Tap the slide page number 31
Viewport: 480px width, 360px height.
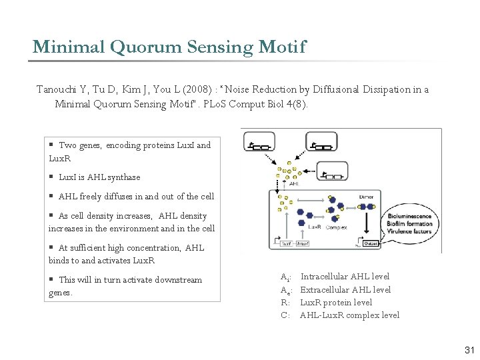click(x=469, y=350)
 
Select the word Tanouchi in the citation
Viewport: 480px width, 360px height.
click(x=58, y=89)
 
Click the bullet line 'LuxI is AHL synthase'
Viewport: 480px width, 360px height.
click(x=99, y=177)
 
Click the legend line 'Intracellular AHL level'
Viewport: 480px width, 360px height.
click(x=345, y=277)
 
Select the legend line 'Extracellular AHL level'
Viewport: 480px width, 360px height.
click(x=345, y=289)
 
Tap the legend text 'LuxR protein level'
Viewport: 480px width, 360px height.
click(x=336, y=303)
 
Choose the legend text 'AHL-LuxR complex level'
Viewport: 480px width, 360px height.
click(x=350, y=315)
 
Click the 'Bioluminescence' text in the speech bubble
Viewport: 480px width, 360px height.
click(x=409, y=216)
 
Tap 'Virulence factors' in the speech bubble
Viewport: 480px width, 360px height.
click(x=409, y=231)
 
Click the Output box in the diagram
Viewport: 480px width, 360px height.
click(x=371, y=244)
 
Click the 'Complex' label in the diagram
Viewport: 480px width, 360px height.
click(x=337, y=227)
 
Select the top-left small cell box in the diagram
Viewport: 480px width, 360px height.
click(x=261, y=147)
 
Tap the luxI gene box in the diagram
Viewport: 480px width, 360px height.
click(x=287, y=244)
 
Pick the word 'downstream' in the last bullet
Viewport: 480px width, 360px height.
click(x=178, y=280)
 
